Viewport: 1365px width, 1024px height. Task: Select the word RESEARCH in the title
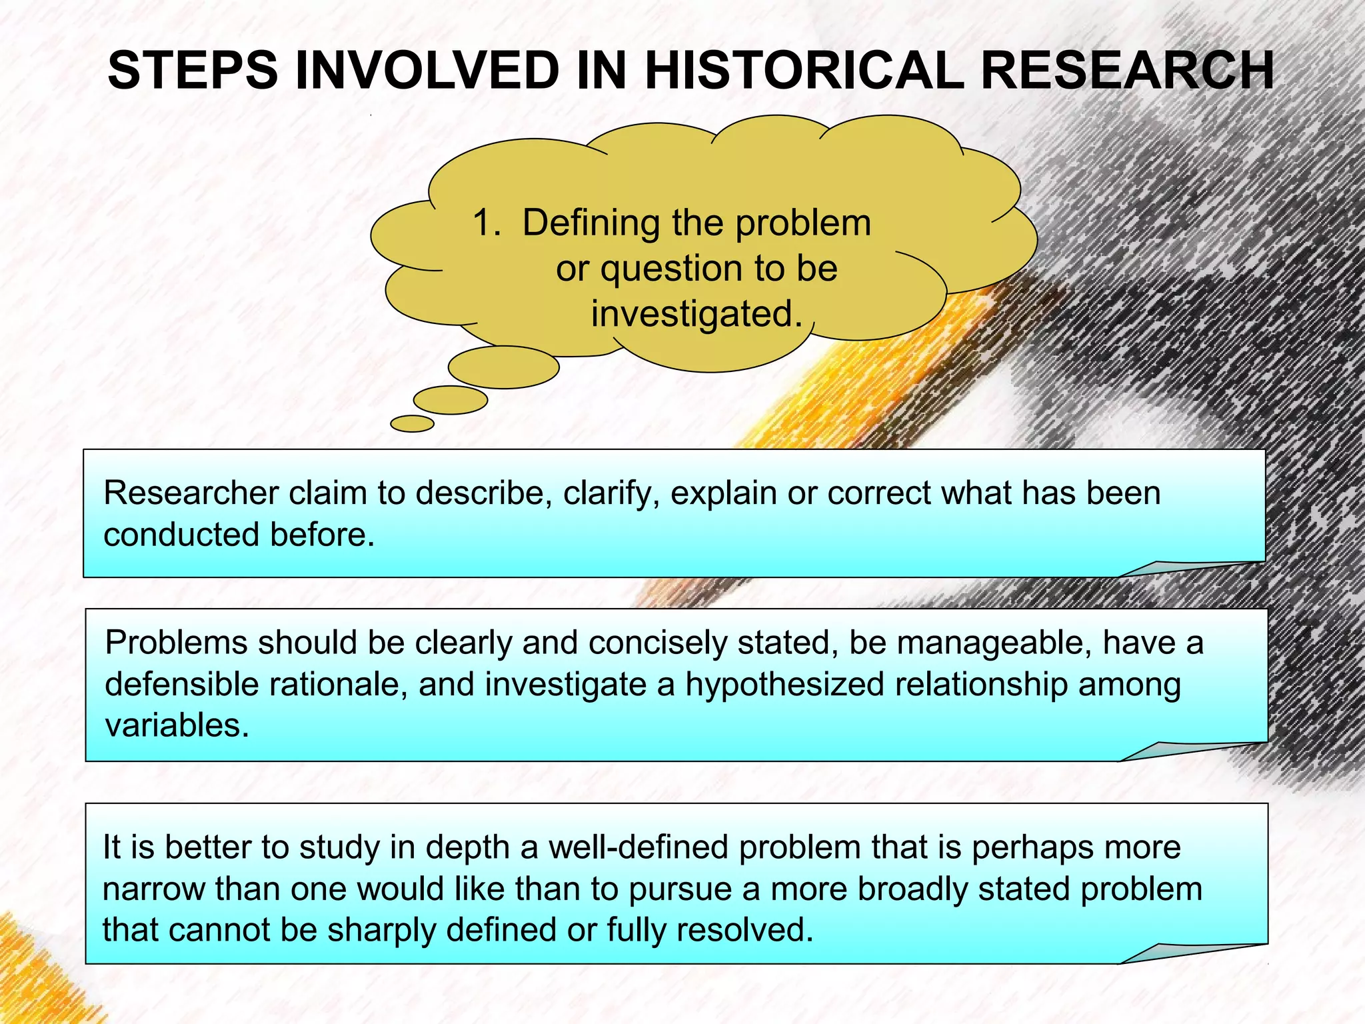pyautogui.click(x=1127, y=71)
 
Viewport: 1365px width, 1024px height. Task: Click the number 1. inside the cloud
pyautogui.click(x=486, y=223)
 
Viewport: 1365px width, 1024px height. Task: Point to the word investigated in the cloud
pyautogui.click(x=696, y=313)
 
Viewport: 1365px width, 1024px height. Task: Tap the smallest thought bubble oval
pyautogui.click(x=412, y=423)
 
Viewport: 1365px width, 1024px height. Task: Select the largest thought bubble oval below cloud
pyautogui.click(x=503, y=367)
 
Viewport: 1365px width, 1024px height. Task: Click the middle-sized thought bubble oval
pyautogui.click(x=451, y=400)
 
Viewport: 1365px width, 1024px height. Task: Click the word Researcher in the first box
pyautogui.click(x=191, y=493)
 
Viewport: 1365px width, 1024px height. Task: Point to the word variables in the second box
pyautogui.click(x=177, y=725)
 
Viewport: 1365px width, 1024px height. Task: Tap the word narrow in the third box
pyautogui.click(x=153, y=889)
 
